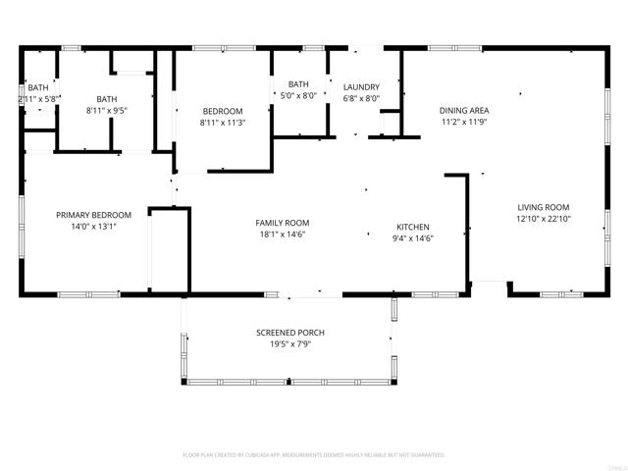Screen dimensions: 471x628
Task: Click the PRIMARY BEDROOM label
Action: [x=93, y=215]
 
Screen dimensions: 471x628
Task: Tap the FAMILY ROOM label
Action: [x=283, y=223]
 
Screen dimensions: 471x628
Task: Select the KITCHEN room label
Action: [x=414, y=226]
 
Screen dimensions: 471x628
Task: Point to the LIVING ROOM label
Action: [x=544, y=207]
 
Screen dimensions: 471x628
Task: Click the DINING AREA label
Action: [x=464, y=111]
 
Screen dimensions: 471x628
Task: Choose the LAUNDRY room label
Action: [x=361, y=86]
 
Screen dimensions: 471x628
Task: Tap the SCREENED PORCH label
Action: [x=289, y=334]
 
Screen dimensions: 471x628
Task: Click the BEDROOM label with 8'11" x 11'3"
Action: [x=222, y=111]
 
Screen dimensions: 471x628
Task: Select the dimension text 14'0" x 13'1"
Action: [x=93, y=227]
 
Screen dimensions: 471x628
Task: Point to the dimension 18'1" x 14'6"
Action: [x=283, y=235]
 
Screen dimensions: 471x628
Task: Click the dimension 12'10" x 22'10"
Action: [x=544, y=219]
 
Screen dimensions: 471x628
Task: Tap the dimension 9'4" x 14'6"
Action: [x=414, y=237]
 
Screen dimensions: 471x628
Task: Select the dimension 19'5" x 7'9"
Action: [x=289, y=345]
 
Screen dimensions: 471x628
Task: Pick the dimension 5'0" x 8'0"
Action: [x=299, y=96]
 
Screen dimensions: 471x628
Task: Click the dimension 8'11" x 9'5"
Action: [x=107, y=111]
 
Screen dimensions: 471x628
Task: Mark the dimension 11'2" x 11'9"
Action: [x=464, y=123]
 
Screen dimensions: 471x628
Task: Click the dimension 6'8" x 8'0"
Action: [x=361, y=98]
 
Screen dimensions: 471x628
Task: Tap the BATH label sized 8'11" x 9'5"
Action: [x=107, y=99]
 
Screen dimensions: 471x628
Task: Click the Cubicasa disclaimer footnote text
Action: [x=314, y=455]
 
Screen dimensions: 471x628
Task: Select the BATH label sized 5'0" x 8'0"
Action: [x=299, y=84]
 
